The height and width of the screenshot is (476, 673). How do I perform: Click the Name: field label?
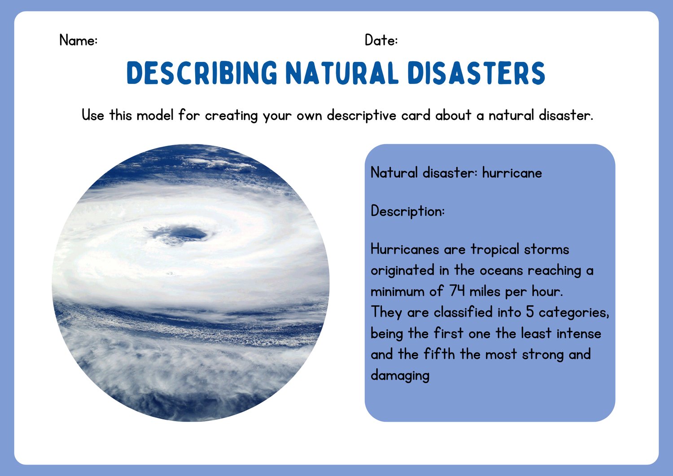pos(79,40)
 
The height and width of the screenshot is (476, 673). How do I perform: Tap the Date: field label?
pos(381,40)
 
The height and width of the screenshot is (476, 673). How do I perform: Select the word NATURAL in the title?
pos(342,73)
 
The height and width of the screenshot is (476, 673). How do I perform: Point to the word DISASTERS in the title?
pos(476,73)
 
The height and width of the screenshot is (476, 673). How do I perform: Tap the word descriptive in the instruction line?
pos(362,116)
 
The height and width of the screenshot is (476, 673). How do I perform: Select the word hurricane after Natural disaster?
pos(512,173)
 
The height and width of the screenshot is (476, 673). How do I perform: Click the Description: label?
pos(408,212)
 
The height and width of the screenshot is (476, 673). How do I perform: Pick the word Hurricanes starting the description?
pos(405,250)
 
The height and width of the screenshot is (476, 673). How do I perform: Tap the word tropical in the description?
pos(495,250)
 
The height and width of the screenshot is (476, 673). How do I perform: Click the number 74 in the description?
pos(457,291)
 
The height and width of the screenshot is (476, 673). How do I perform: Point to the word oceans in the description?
pos(502,271)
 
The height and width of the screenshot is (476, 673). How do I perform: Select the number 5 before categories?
pos(530,312)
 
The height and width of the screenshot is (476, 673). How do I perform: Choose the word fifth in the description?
pos(439,354)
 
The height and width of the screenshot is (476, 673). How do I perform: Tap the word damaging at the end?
pos(400,376)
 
